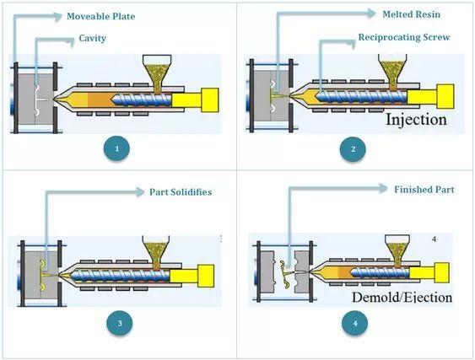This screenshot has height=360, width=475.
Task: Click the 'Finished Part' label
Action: point(424,190)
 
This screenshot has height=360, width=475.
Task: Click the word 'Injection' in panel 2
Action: point(416,119)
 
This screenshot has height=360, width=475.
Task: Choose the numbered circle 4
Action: point(354,324)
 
